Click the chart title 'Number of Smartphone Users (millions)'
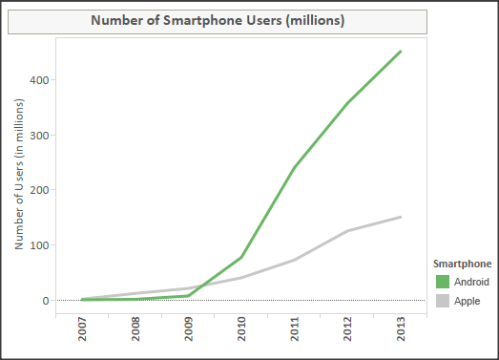(x=218, y=21)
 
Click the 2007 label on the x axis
(x=84, y=336)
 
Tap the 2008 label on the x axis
(x=136, y=336)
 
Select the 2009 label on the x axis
(x=189, y=336)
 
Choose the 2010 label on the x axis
(x=241, y=336)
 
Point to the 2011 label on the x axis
(x=294, y=336)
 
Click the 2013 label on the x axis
(x=400, y=336)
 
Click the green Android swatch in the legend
(x=442, y=282)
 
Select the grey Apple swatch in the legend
(x=442, y=301)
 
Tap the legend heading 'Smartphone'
(x=462, y=262)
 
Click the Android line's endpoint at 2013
(x=400, y=52)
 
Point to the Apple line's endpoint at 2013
(x=400, y=217)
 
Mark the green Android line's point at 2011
(x=294, y=168)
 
